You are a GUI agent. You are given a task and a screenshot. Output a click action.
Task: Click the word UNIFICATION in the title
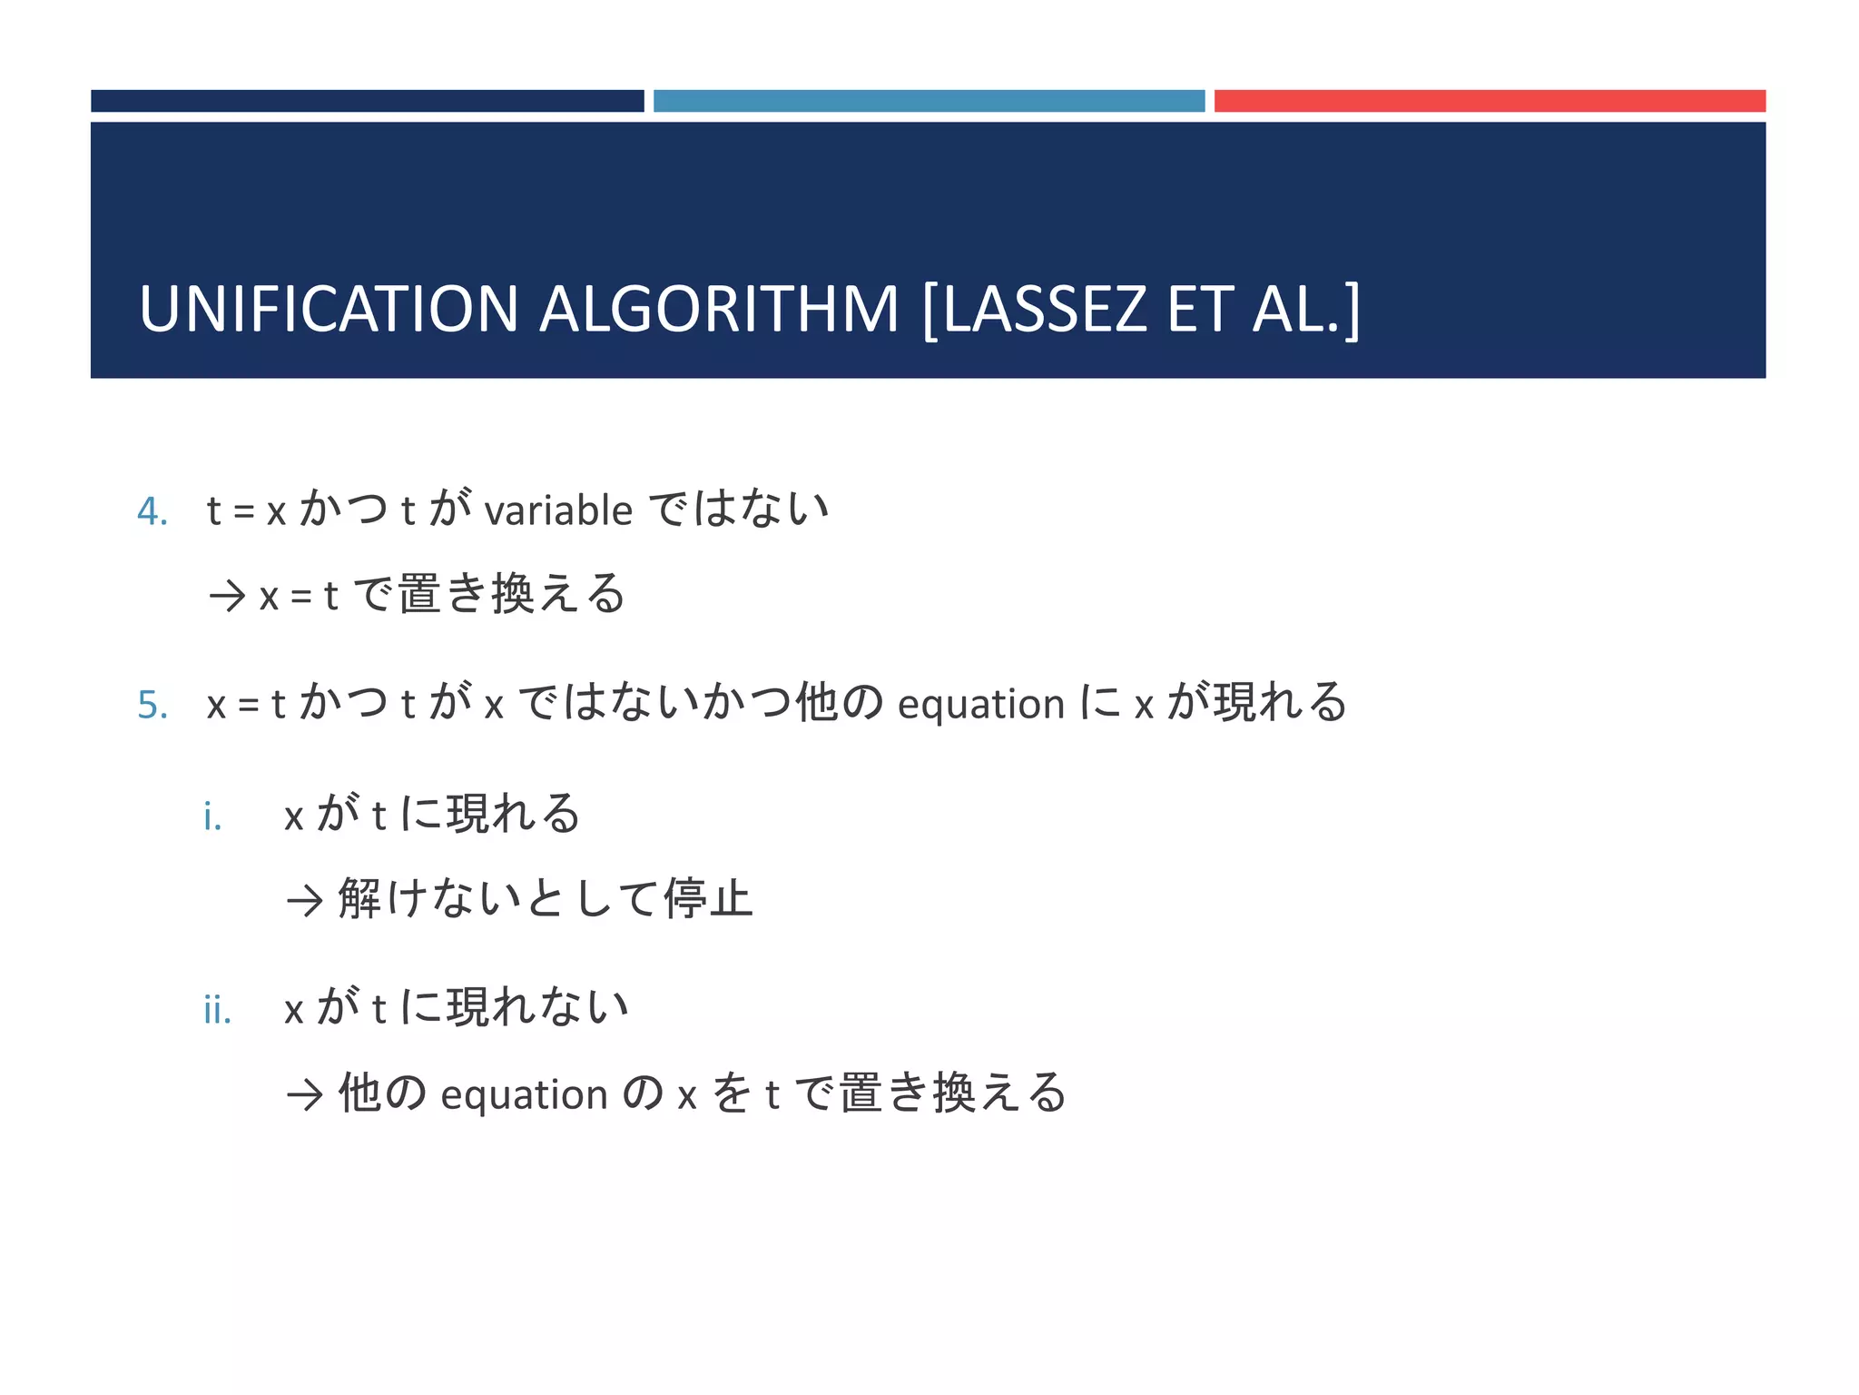(x=328, y=310)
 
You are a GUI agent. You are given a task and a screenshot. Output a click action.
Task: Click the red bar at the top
(x=1490, y=101)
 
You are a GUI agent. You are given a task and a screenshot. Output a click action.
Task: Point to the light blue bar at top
(x=929, y=101)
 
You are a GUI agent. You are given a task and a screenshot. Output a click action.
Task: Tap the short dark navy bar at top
(x=367, y=101)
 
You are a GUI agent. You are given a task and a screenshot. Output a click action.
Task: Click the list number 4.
(x=152, y=512)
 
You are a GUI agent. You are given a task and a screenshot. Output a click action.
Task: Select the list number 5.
(x=152, y=706)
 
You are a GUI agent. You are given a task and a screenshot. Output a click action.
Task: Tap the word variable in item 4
(x=558, y=510)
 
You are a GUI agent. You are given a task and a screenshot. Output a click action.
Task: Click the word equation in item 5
(x=980, y=705)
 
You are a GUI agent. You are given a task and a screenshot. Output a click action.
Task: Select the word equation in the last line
(x=524, y=1094)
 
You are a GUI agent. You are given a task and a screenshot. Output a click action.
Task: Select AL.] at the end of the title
(x=1306, y=310)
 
